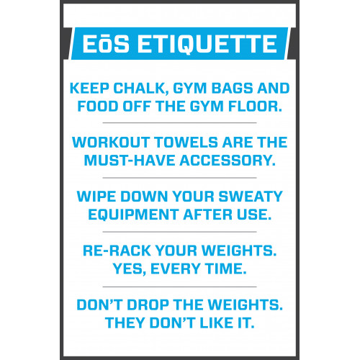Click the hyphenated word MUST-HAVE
point(127,161)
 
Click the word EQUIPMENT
point(132,214)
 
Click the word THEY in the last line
point(125,321)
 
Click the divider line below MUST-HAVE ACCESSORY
point(180,176)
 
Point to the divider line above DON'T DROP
point(180,286)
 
